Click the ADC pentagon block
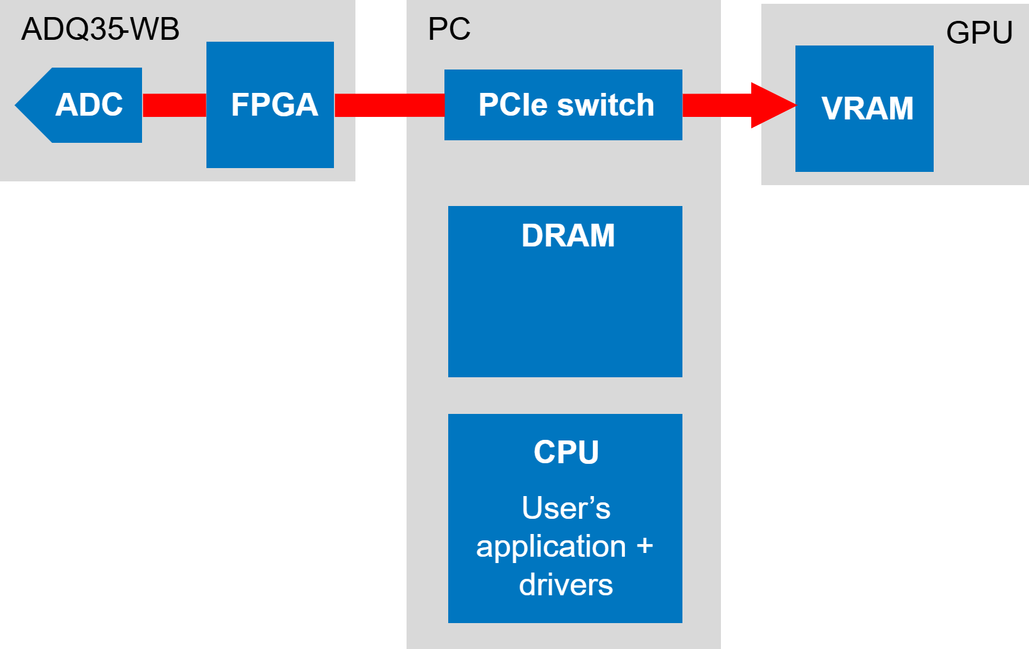[x=82, y=105]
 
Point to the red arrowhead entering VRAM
[x=773, y=105]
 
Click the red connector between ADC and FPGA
[x=174, y=105]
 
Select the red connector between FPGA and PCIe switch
[x=389, y=105]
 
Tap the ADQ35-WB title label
[x=100, y=29]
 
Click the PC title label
[x=449, y=29]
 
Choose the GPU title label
[x=979, y=33]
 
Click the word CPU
[x=566, y=452]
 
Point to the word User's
[x=566, y=508]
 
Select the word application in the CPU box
[x=551, y=547]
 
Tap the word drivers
[x=566, y=585]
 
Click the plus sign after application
[x=645, y=546]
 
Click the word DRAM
[x=568, y=236]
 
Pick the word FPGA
[x=275, y=105]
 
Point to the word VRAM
[x=867, y=109]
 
